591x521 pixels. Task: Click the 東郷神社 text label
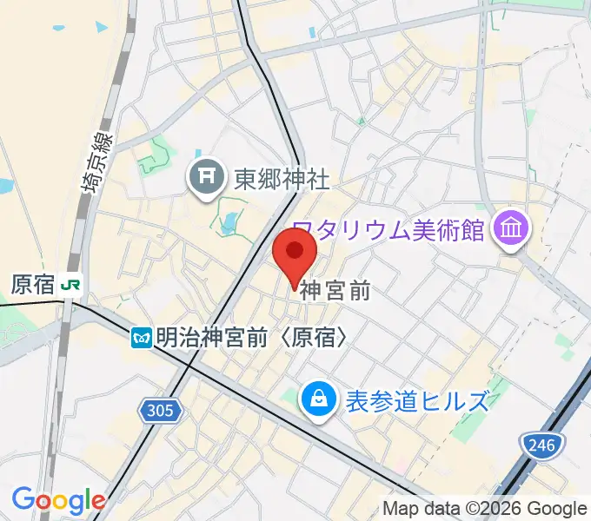pos(282,180)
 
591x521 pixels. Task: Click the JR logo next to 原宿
pos(74,284)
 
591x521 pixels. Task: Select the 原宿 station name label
pos(33,284)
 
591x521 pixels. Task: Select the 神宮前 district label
pos(335,292)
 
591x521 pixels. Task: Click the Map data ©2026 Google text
pos(485,508)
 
